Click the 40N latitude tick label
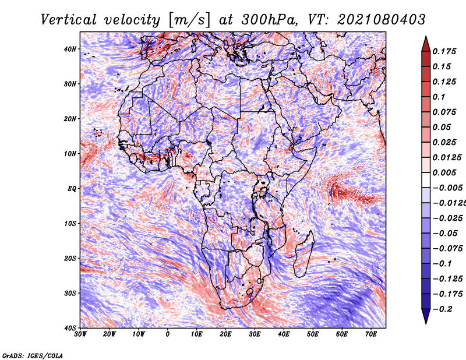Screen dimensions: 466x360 pyautogui.click(x=70, y=49)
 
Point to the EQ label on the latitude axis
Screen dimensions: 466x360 pyautogui.click(x=72, y=189)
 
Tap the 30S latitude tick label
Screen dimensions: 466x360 pyautogui.click(x=70, y=293)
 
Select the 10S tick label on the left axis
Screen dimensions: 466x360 pyautogui.click(x=70, y=224)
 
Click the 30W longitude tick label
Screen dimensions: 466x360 pyautogui.click(x=80, y=334)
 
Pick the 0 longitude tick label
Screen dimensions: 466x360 pyautogui.click(x=168, y=334)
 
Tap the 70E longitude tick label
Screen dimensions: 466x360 pyautogui.click(x=370, y=334)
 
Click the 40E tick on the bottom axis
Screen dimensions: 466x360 pyautogui.click(x=284, y=334)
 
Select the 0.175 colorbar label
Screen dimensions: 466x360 pyautogui.click(x=444, y=51)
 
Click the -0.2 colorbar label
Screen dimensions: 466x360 pyautogui.click(x=443, y=309)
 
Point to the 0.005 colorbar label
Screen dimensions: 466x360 pyautogui.click(x=444, y=172)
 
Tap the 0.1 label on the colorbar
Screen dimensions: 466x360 pyautogui.click(x=439, y=97)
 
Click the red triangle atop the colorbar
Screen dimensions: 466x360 pyautogui.click(x=426, y=44)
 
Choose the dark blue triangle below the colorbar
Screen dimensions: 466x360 pyautogui.click(x=426, y=316)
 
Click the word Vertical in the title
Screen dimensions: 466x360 pyautogui.click(x=69, y=20)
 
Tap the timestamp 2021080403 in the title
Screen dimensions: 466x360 pyautogui.click(x=382, y=20)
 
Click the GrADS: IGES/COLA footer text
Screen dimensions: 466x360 pyautogui.click(x=33, y=356)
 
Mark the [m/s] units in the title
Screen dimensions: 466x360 pyautogui.click(x=189, y=20)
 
